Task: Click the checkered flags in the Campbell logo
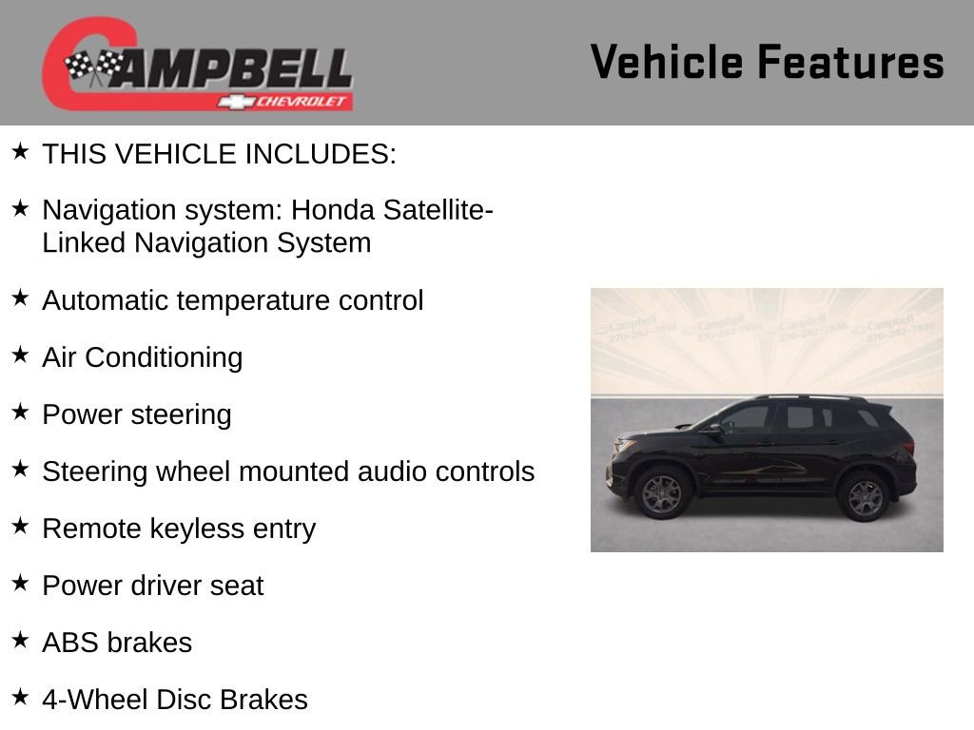[x=93, y=66]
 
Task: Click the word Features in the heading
[x=850, y=62]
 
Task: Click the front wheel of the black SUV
[x=662, y=494]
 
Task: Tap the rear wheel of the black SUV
[x=865, y=497]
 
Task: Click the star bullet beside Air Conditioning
[x=21, y=355]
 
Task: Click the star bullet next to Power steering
[x=21, y=412]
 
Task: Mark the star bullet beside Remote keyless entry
[x=21, y=526]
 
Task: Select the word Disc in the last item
[x=184, y=700]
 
